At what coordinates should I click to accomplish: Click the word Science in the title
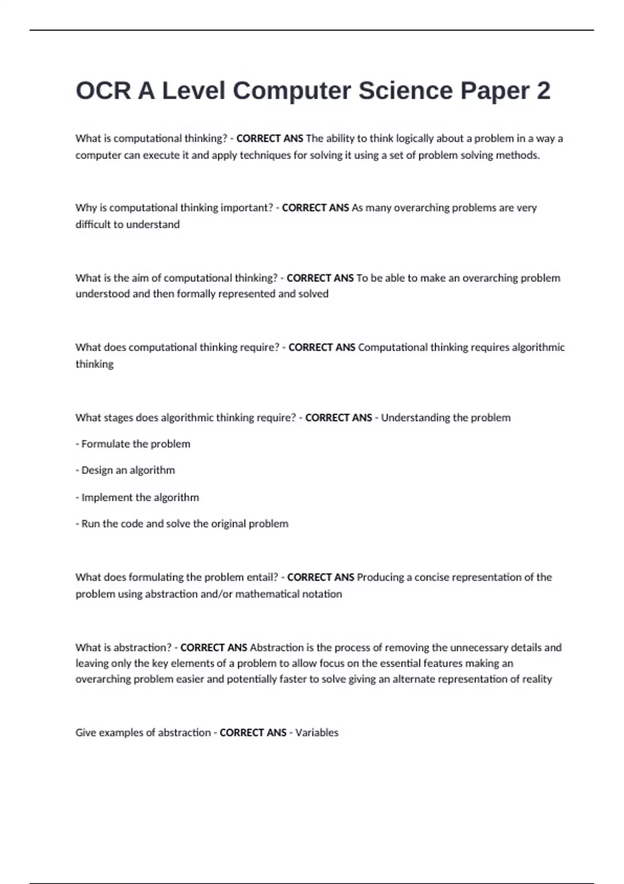[405, 90]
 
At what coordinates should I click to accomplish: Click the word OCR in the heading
[103, 90]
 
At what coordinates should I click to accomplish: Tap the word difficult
[93, 224]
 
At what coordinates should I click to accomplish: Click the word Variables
[317, 733]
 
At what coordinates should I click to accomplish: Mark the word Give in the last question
[86, 733]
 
